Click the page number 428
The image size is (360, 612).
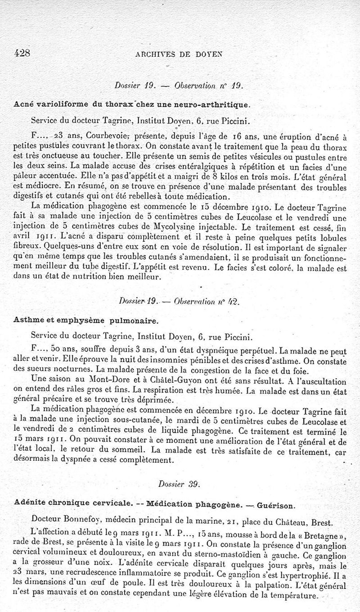20,54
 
